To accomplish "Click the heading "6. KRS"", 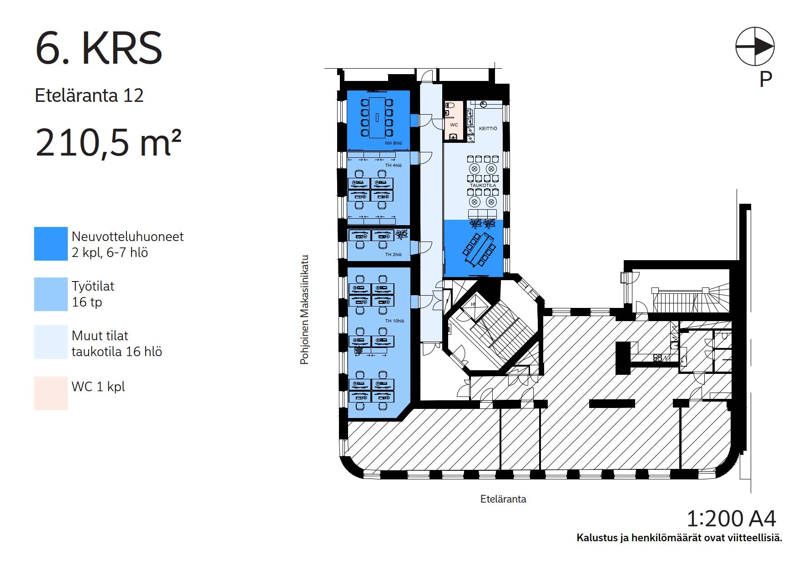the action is tap(98, 48).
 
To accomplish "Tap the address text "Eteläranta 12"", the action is tap(89, 96).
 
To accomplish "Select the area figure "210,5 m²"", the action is tap(108, 142).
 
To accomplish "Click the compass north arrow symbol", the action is tap(755, 46).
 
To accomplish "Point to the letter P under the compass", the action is tap(766, 79).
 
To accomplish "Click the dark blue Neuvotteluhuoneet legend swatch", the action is tap(51, 244).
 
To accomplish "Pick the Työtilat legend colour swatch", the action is tap(51, 294).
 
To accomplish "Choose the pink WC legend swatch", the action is tap(51, 393).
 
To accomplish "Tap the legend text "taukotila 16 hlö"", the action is tap(117, 352).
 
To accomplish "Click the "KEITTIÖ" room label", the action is tap(488, 129).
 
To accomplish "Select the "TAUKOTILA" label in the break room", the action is tap(483, 186).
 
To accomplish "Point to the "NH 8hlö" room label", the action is tap(393, 143).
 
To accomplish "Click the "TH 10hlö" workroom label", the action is tap(394, 321).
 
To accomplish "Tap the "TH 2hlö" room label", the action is tap(394, 255).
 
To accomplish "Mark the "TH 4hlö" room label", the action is tap(394, 166).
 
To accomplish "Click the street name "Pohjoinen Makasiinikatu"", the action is tap(304, 309).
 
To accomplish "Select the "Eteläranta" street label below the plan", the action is tap(503, 499).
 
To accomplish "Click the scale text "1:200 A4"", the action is tap(731, 519).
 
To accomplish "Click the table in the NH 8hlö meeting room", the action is tap(377, 117).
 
